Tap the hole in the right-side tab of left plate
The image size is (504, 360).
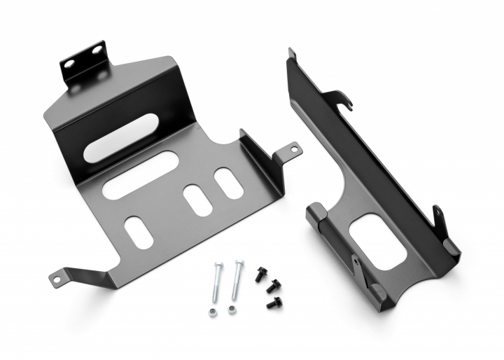[292, 148]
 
